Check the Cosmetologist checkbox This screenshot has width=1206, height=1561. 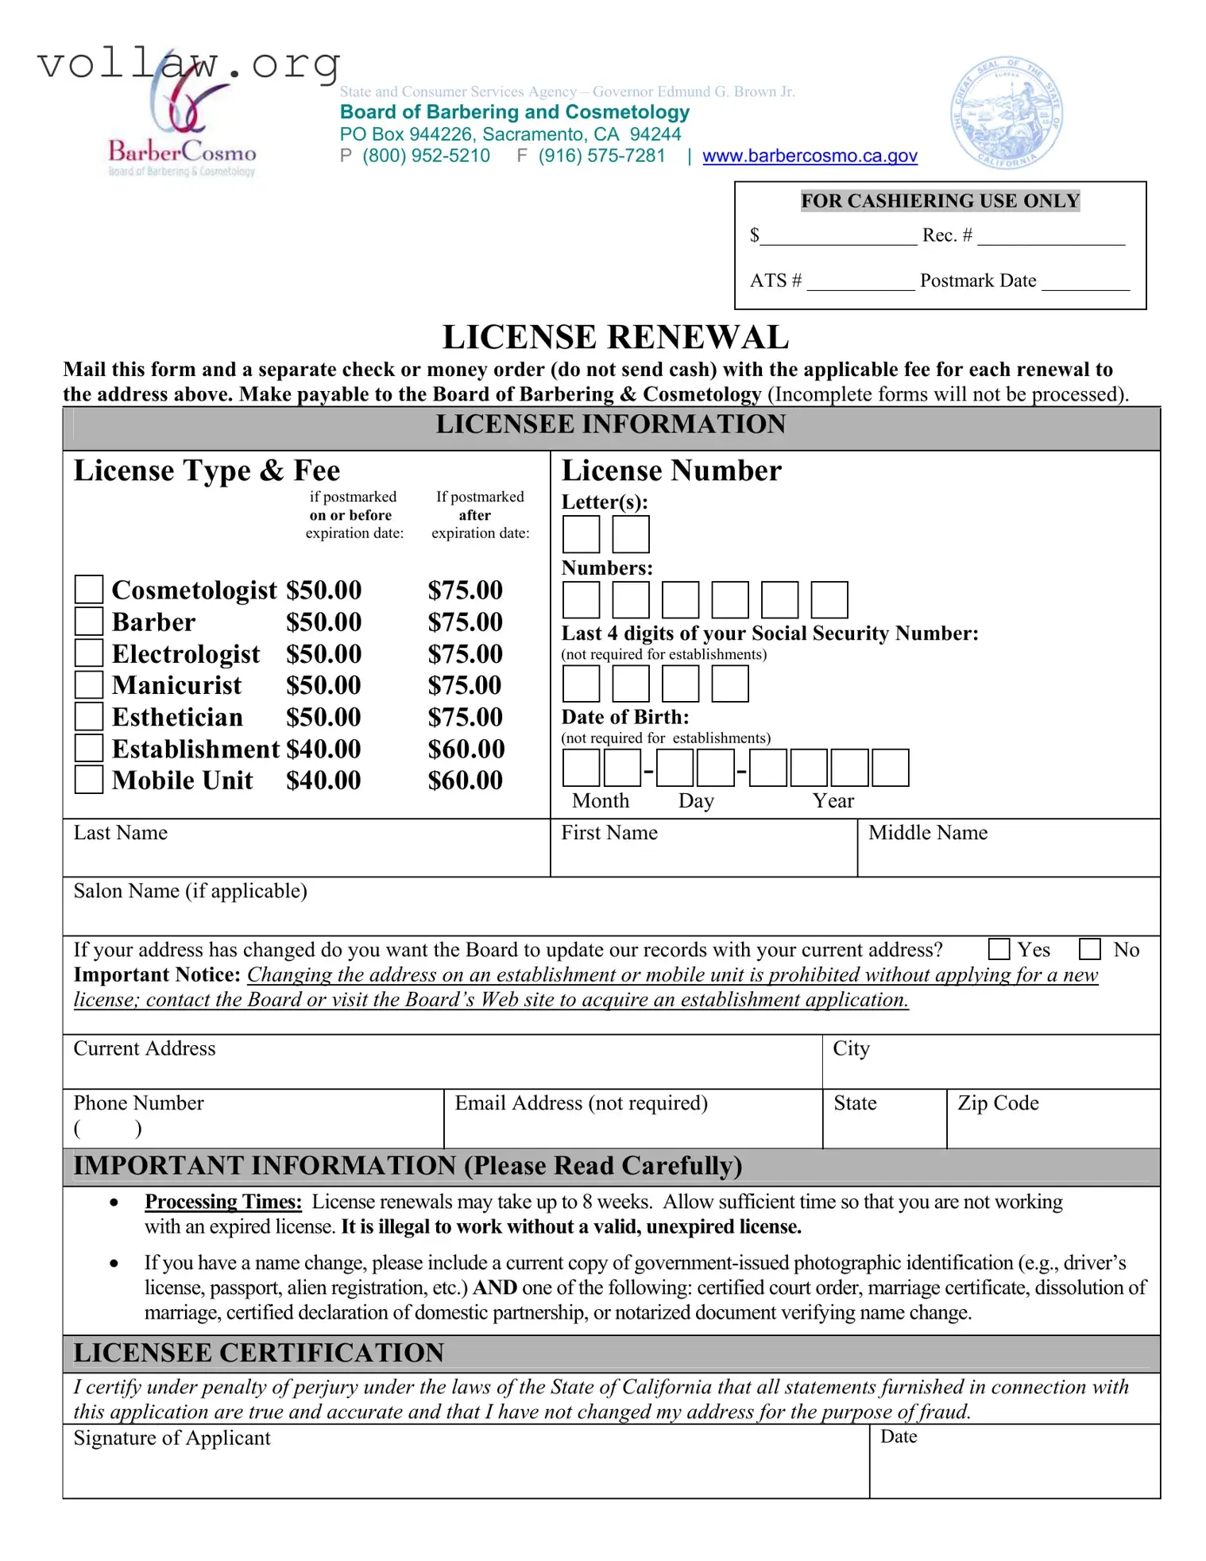pyautogui.click(x=88, y=589)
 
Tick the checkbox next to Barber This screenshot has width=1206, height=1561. pyautogui.click(x=88, y=621)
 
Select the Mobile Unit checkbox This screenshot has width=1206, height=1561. pyautogui.click(x=88, y=779)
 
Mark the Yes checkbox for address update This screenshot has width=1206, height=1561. pyautogui.click(x=999, y=949)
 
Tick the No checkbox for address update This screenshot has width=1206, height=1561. pyautogui.click(x=1090, y=949)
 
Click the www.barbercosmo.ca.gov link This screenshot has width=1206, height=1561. pyautogui.click(x=810, y=156)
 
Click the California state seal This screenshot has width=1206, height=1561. pyautogui.click(x=1007, y=113)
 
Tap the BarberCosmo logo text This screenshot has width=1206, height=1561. pyautogui.click(x=182, y=151)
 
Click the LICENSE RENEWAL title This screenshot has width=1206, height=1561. pyautogui.click(x=615, y=337)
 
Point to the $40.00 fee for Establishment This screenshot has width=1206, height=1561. pyautogui.click(x=323, y=749)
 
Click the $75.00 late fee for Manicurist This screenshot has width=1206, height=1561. pyautogui.click(x=465, y=685)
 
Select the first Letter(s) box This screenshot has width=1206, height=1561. pyautogui.click(x=581, y=534)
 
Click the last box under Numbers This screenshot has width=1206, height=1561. pyautogui.click(x=829, y=600)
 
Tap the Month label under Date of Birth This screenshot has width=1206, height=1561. pyautogui.click(x=601, y=800)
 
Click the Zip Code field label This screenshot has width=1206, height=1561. pyautogui.click(x=998, y=1103)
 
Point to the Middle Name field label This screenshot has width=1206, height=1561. pyautogui.click(x=928, y=833)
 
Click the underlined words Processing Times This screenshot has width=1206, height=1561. pyautogui.click(x=223, y=1202)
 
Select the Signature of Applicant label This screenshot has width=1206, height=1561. pyautogui.click(x=172, y=1439)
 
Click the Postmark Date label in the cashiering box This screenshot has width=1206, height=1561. pyautogui.click(x=977, y=281)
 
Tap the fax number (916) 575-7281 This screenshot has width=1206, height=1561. pyautogui.click(x=601, y=156)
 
